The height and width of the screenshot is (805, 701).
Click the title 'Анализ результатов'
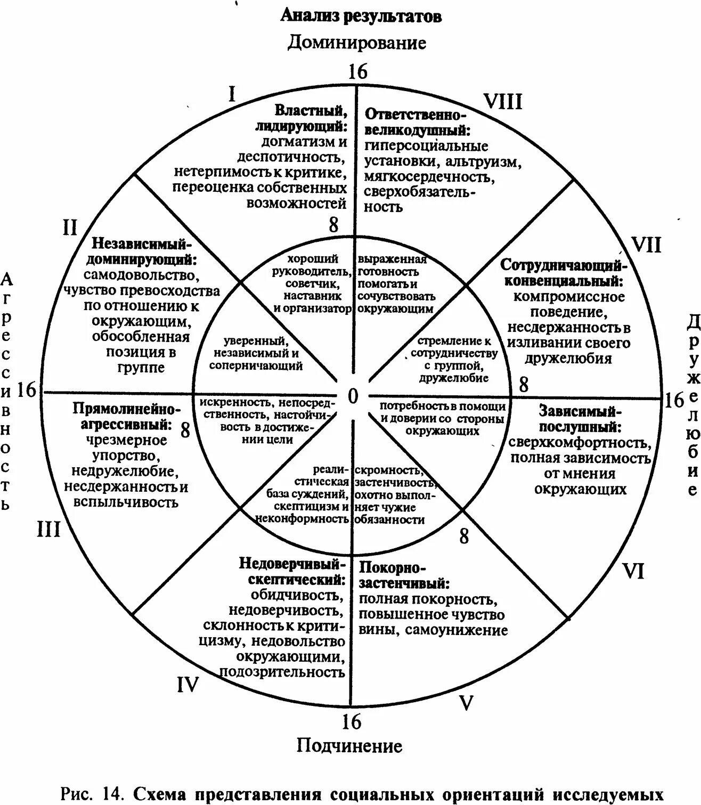pos(361,16)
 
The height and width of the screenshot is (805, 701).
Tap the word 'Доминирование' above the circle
pos(357,43)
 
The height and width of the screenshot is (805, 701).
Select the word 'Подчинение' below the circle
pos(349,745)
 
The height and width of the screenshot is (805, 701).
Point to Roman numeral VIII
pos(502,101)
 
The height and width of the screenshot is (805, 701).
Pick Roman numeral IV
pos(188,685)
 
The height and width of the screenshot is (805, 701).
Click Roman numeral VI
pos(633,571)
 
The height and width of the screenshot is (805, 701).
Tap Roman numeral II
pos(70,227)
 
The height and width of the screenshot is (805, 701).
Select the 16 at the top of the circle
pos(357,71)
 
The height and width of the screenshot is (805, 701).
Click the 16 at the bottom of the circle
pos(351,722)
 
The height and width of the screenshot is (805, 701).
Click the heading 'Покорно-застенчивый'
pos(405,575)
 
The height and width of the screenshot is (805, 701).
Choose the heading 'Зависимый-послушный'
pos(580,419)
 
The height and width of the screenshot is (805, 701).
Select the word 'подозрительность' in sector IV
pos(282,672)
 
